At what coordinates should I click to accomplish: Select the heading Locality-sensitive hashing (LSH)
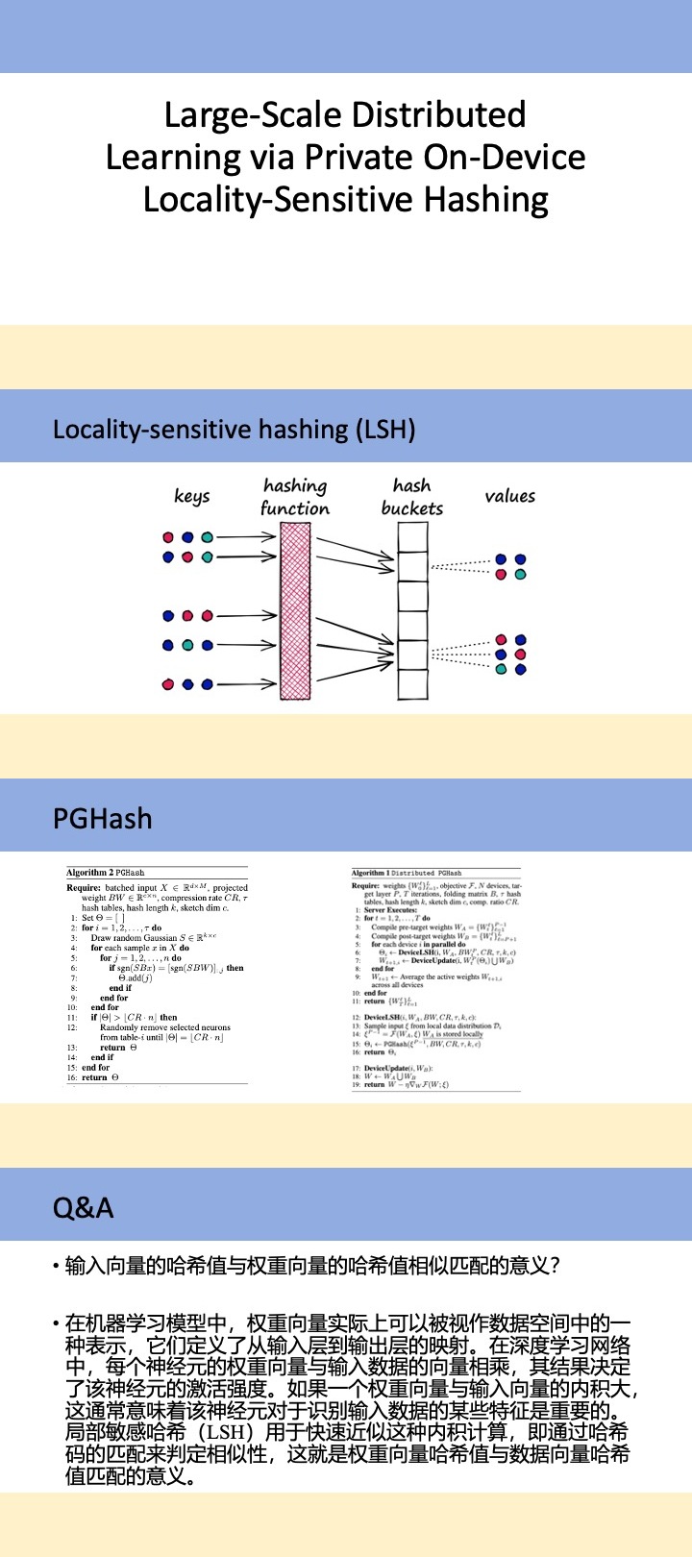pyautogui.click(x=234, y=429)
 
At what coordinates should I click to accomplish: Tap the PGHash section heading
pyautogui.click(x=102, y=818)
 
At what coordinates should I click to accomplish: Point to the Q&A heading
pyautogui.click(x=83, y=1207)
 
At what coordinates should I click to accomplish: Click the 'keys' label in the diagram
pyautogui.click(x=191, y=496)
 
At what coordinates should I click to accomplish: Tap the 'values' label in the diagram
pyautogui.click(x=509, y=496)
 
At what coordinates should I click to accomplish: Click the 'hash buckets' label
pyautogui.click(x=412, y=497)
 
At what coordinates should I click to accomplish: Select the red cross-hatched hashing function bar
pyautogui.click(x=295, y=611)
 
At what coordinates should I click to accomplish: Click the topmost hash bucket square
pyautogui.click(x=412, y=537)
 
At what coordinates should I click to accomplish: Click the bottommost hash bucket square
pyautogui.click(x=412, y=683)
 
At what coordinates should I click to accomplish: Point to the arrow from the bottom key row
pyautogui.click(x=248, y=684)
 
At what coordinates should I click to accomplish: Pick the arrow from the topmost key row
pyautogui.click(x=248, y=536)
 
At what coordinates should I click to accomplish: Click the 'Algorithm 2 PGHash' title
pyautogui.click(x=105, y=873)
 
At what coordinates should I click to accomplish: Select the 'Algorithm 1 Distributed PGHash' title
pyautogui.click(x=407, y=873)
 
